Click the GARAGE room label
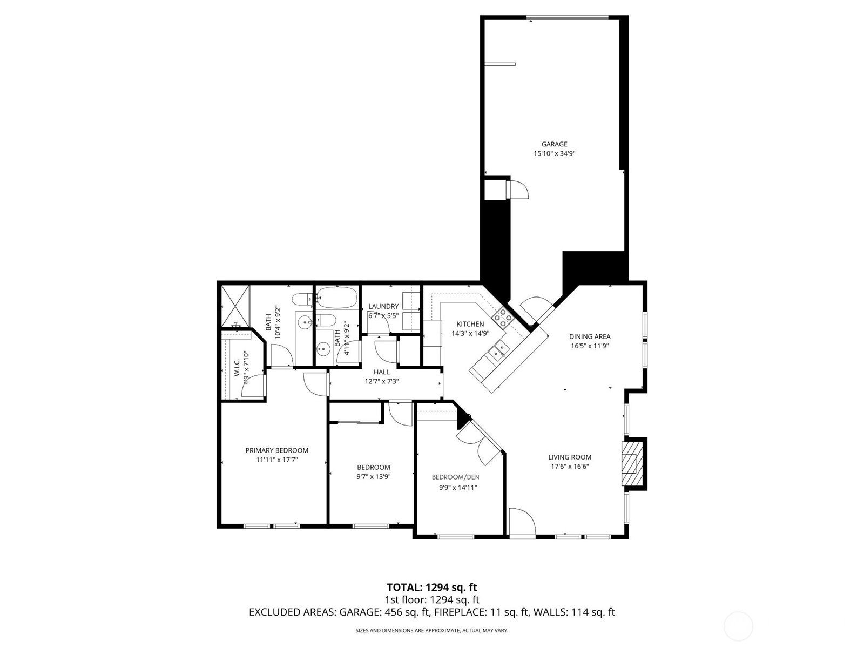click(x=554, y=144)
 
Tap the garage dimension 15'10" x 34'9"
click(x=554, y=154)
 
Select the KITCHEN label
click(x=470, y=324)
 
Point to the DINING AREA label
click(x=590, y=337)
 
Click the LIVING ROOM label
click(x=570, y=457)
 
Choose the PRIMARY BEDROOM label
click(x=276, y=450)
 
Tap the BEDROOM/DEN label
click(x=455, y=477)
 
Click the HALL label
click(x=381, y=372)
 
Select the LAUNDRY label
click(x=383, y=307)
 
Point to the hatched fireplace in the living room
click(x=632, y=464)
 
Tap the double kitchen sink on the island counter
click(x=497, y=352)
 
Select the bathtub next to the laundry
click(x=337, y=298)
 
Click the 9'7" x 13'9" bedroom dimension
click(x=374, y=477)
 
